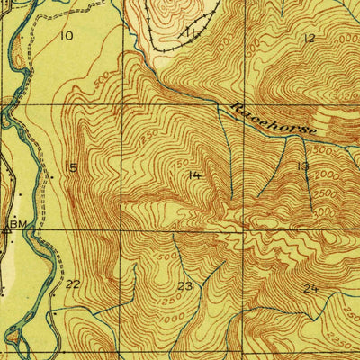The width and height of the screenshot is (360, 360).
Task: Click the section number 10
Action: click(65, 36)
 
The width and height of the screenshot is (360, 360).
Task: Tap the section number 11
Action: click(190, 33)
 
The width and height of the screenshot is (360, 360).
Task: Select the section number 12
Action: click(310, 38)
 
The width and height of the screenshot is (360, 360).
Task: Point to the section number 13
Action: click(302, 167)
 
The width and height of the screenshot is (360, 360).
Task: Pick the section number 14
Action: click(194, 175)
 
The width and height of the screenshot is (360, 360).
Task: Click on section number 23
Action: click(185, 287)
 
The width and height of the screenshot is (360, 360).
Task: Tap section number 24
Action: click(311, 288)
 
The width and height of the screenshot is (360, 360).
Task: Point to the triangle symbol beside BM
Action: click(7, 229)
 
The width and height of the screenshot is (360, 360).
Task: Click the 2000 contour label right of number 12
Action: click(346, 43)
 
